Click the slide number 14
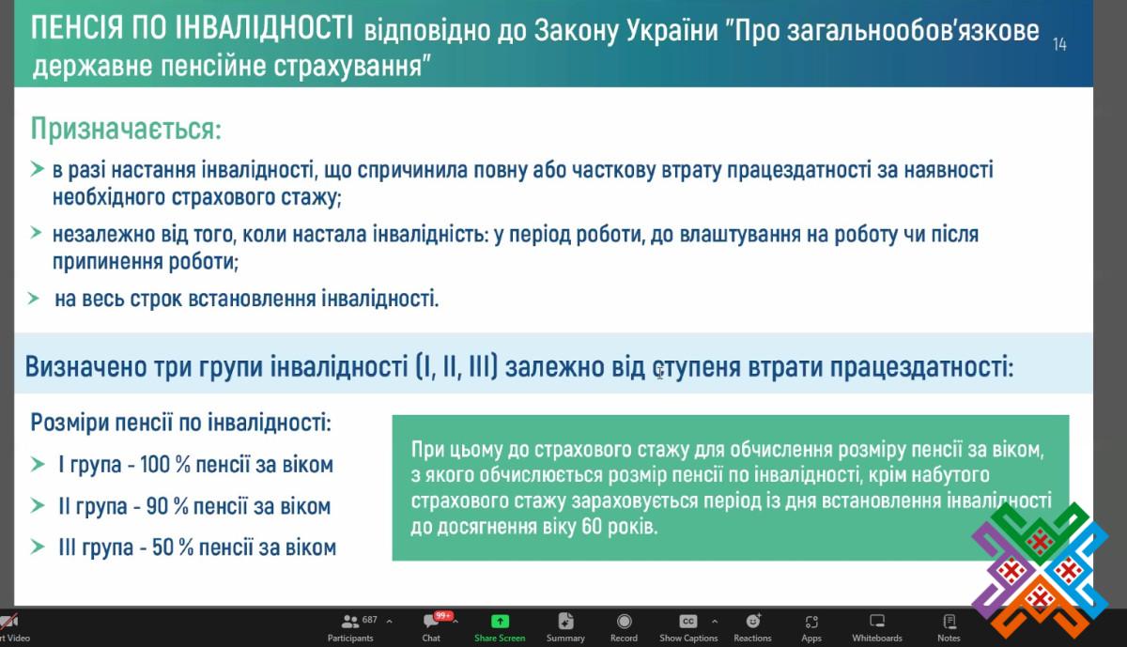pyautogui.click(x=1059, y=45)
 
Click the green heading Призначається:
pyautogui.click(x=126, y=129)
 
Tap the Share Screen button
pyautogui.click(x=500, y=628)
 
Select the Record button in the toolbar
pyautogui.click(x=624, y=628)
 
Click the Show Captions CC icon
pyautogui.click(x=687, y=622)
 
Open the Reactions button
pyautogui.click(x=752, y=628)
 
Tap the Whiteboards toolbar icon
pyautogui.click(x=877, y=622)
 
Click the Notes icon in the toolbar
pyautogui.click(x=949, y=622)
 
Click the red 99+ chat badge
pyautogui.click(x=443, y=616)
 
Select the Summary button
pyautogui.click(x=565, y=628)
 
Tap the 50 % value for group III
pyautogui.click(x=173, y=547)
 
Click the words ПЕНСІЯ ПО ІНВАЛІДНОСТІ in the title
pyautogui.click(x=193, y=27)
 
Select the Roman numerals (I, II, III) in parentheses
pyautogui.click(x=456, y=366)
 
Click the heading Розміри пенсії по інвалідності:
pyautogui.click(x=181, y=423)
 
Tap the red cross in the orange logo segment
pyautogui.click(x=1038, y=599)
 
